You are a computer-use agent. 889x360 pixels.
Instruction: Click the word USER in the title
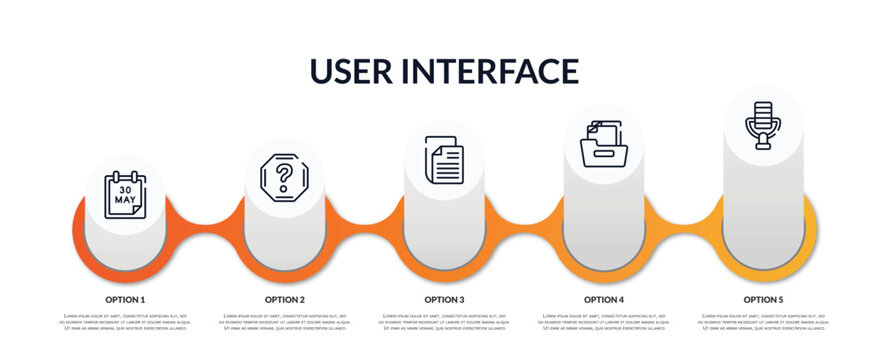(x=353, y=71)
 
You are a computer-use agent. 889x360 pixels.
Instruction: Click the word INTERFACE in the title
(x=491, y=71)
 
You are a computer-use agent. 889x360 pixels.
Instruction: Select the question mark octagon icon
(x=284, y=178)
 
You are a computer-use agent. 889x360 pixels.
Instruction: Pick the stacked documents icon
(x=444, y=160)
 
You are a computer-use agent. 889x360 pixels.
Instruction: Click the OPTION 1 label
(x=125, y=299)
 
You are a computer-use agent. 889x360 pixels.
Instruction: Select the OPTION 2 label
(x=285, y=299)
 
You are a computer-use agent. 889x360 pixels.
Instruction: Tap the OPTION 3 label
(x=444, y=299)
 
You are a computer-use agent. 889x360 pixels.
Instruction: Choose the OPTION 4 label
(x=604, y=299)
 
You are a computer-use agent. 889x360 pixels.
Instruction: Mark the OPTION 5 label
(x=763, y=299)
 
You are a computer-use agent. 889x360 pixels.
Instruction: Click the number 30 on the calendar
(x=125, y=189)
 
